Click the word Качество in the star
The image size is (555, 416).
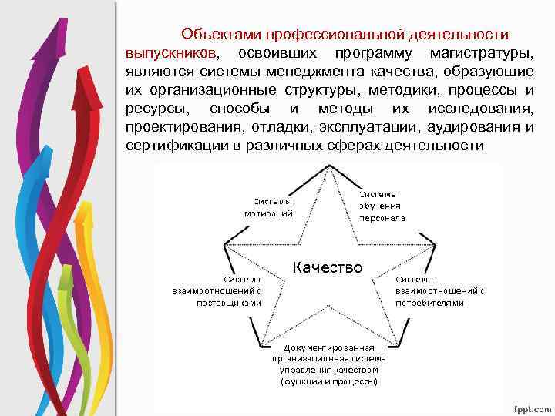point(327,267)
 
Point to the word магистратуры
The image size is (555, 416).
point(483,53)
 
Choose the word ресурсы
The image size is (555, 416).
point(153,109)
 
